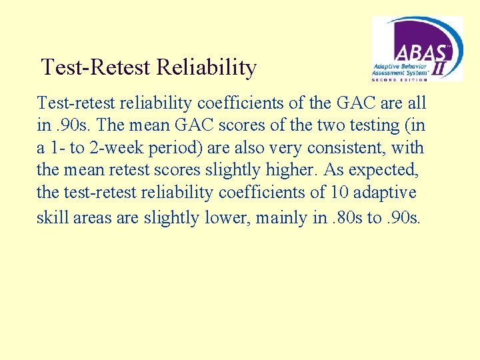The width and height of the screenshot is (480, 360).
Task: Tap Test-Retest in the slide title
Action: click(x=96, y=67)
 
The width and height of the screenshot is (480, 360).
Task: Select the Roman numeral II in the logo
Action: click(x=441, y=69)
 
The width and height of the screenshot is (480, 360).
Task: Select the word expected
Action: click(x=387, y=170)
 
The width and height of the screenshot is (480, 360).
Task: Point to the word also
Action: click(x=275, y=147)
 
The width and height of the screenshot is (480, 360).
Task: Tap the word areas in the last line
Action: click(x=91, y=217)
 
